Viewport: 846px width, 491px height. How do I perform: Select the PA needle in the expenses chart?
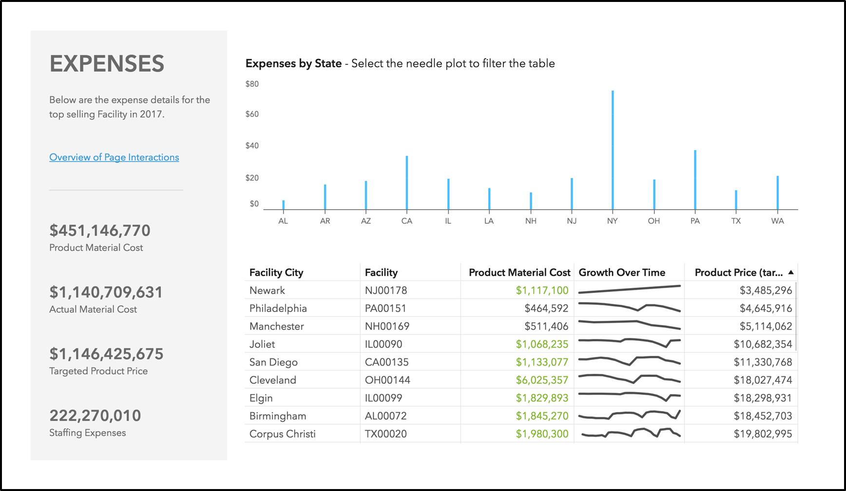pos(695,180)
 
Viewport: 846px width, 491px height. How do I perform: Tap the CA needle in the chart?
pos(407,183)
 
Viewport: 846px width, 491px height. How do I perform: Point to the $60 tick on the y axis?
pos(252,114)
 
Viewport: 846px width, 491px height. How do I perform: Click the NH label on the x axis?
pos(531,221)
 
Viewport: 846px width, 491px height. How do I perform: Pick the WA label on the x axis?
pos(777,221)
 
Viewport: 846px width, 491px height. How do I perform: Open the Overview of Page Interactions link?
pos(114,157)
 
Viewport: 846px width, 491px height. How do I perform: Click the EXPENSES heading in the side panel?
pos(107,64)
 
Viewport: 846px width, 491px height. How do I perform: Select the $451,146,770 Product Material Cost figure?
pos(100,231)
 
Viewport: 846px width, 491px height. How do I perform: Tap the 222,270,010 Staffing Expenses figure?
pos(95,416)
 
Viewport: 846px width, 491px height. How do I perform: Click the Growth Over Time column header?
pos(622,273)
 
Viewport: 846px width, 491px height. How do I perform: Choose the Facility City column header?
pos(276,273)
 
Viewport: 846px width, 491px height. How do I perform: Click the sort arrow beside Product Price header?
pos(791,272)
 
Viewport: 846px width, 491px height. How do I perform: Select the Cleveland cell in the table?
pos(273,380)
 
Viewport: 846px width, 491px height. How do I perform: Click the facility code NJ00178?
pos(386,291)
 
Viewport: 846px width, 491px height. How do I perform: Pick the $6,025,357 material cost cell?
pos(542,380)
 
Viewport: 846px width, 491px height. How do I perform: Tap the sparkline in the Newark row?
pos(629,290)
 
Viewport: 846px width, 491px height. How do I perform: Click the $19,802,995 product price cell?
pos(763,434)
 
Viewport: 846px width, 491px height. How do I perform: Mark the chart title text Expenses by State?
pos(293,63)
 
